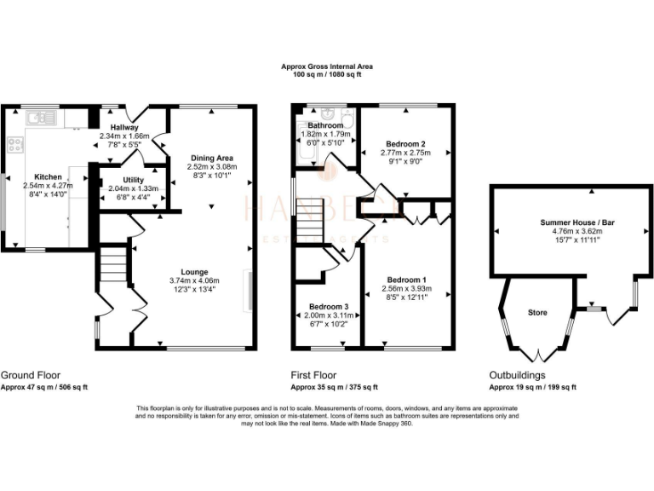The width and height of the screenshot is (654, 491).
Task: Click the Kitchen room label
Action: (48, 177)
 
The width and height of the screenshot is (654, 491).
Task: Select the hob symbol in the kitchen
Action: (14, 144)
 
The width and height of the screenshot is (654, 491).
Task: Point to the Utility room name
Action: (132, 180)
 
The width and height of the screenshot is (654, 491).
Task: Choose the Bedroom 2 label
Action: (403, 143)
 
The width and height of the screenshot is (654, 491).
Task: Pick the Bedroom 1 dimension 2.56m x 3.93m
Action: (405, 288)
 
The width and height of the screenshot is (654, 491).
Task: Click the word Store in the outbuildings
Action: (537, 312)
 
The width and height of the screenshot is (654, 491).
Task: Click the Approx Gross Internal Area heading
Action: (327, 66)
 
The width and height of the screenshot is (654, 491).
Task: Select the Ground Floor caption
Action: (31, 375)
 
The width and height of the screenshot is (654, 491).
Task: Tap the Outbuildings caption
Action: (517, 375)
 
